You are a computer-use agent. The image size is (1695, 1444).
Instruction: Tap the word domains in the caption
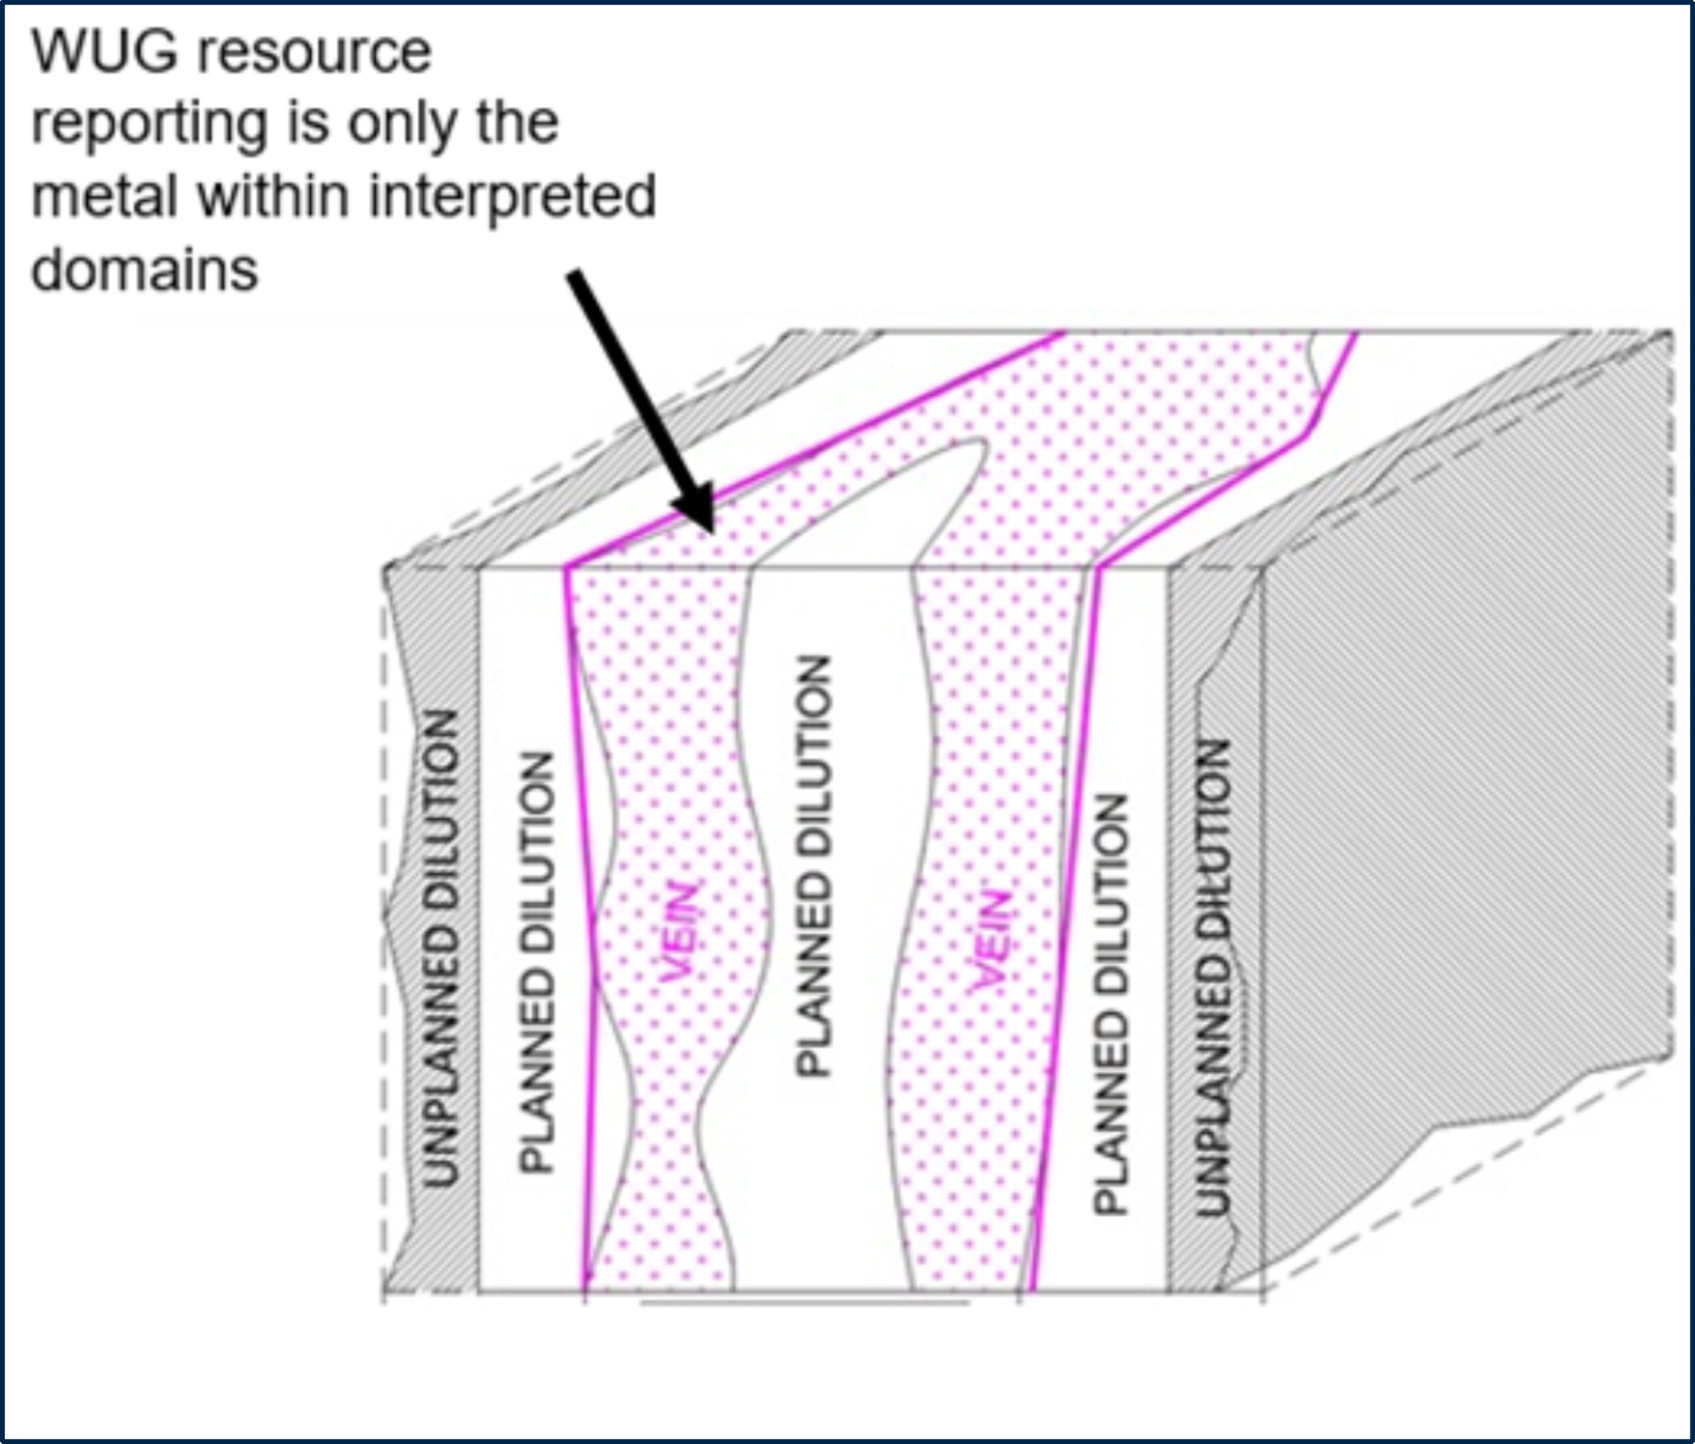[x=145, y=269]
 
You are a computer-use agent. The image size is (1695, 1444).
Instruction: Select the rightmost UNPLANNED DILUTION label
[x=1213, y=976]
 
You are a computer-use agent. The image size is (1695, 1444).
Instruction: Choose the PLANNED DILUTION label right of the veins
[x=1110, y=1005]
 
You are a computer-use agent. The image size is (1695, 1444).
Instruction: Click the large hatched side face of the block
[x=1468, y=773]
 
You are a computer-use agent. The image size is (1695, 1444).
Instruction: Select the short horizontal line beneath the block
[x=805, y=1303]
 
